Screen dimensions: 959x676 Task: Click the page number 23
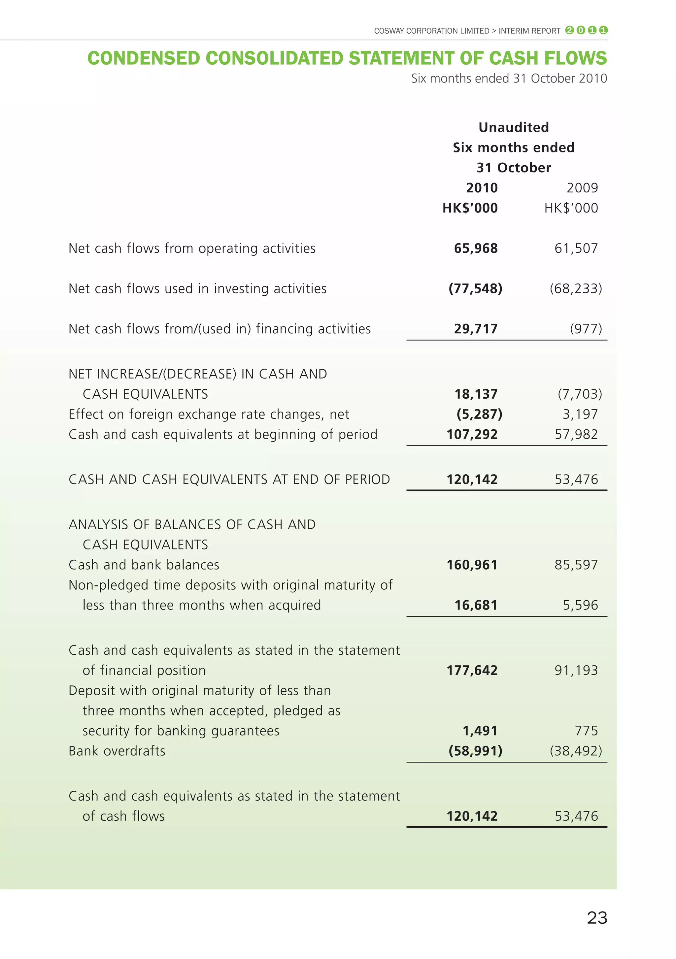click(x=597, y=918)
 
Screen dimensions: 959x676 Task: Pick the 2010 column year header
click(x=482, y=187)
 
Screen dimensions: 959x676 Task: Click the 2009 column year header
click(x=582, y=187)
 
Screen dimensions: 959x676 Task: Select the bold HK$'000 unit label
click(x=470, y=208)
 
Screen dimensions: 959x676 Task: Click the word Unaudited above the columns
click(x=514, y=127)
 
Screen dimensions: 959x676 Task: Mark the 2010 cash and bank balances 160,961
click(x=472, y=565)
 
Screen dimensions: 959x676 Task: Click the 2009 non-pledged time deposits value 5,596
click(x=580, y=605)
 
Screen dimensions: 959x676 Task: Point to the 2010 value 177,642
click(x=472, y=670)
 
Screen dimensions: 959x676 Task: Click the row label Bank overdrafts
click(x=117, y=750)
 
